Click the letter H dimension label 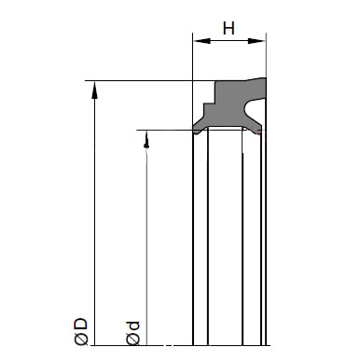[228, 28]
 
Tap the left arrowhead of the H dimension [201, 41]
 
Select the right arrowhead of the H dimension [256, 41]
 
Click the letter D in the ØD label [81, 324]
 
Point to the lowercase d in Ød [132, 326]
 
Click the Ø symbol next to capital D [81, 340]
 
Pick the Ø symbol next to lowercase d [133, 340]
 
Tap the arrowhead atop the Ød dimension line [146, 139]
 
